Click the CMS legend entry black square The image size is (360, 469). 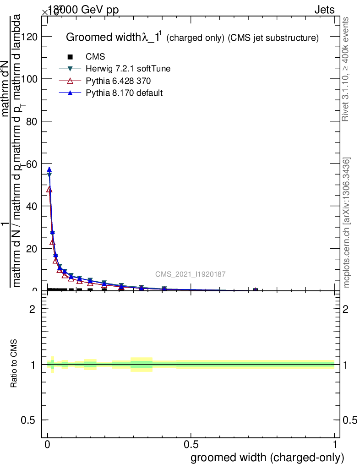click(x=70, y=57)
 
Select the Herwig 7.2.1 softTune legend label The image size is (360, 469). click(x=128, y=69)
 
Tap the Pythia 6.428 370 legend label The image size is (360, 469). click(x=118, y=81)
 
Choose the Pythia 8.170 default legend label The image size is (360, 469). click(x=124, y=93)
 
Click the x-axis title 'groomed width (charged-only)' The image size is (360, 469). click(x=267, y=458)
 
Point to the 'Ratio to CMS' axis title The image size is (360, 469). click(x=15, y=365)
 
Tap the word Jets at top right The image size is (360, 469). click(x=324, y=10)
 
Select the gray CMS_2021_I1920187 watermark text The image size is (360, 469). click(x=190, y=274)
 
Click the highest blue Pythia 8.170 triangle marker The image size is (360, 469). click(x=49, y=169)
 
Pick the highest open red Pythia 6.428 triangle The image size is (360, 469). click(x=49, y=189)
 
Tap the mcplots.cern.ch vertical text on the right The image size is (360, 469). click(x=347, y=223)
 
